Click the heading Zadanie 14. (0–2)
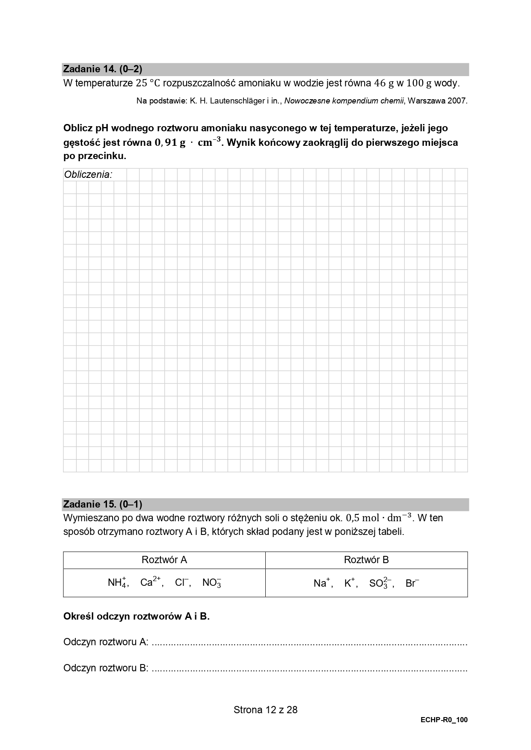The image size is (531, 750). click(103, 69)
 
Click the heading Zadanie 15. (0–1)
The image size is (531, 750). click(103, 504)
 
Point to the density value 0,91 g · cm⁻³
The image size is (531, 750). click(187, 142)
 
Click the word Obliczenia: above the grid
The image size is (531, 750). click(88, 174)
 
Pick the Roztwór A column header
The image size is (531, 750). click(164, 560)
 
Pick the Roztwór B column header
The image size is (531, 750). click(366, 560)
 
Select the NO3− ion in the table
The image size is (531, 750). click(212, 582)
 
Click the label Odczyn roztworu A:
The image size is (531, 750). click(106, 642)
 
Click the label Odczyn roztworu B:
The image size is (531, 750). click(106, 668)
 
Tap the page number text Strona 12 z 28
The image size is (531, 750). click(265, 710)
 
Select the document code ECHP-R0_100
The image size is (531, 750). click(444, 720)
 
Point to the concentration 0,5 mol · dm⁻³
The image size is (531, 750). click(379, 518)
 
